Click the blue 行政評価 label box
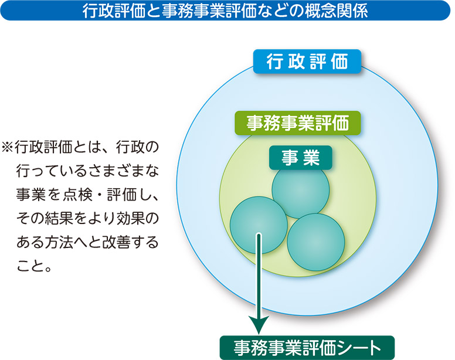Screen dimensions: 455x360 pyautogui.click(x=307, y=62)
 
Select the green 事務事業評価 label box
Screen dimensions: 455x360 pyautogui.click(x=297, y=123)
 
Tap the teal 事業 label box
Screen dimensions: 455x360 pyautogui.click(x=301, y=158)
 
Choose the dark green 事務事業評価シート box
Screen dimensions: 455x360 pyautogui.click(x=307, y=348)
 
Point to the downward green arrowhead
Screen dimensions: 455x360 pyautogui.click(x=259, y=324)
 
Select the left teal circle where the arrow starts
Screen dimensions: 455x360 pyautogui.click(x=259, y=225)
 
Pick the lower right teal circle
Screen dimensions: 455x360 pyautogui.click(x=316, y=242)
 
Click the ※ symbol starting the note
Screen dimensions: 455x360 pyautogui.click(x=8, y=147)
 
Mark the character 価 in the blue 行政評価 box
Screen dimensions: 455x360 pyautogui.click(x=339, y=62)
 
